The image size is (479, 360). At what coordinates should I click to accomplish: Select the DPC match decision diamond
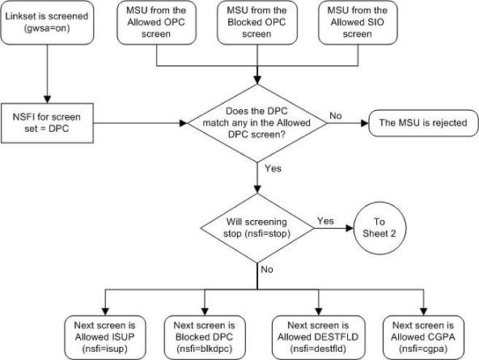257,125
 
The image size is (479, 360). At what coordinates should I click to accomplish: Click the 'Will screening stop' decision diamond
257,226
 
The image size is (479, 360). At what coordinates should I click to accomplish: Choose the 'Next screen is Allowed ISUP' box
96,332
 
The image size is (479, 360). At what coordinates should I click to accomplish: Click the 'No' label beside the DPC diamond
334,116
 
